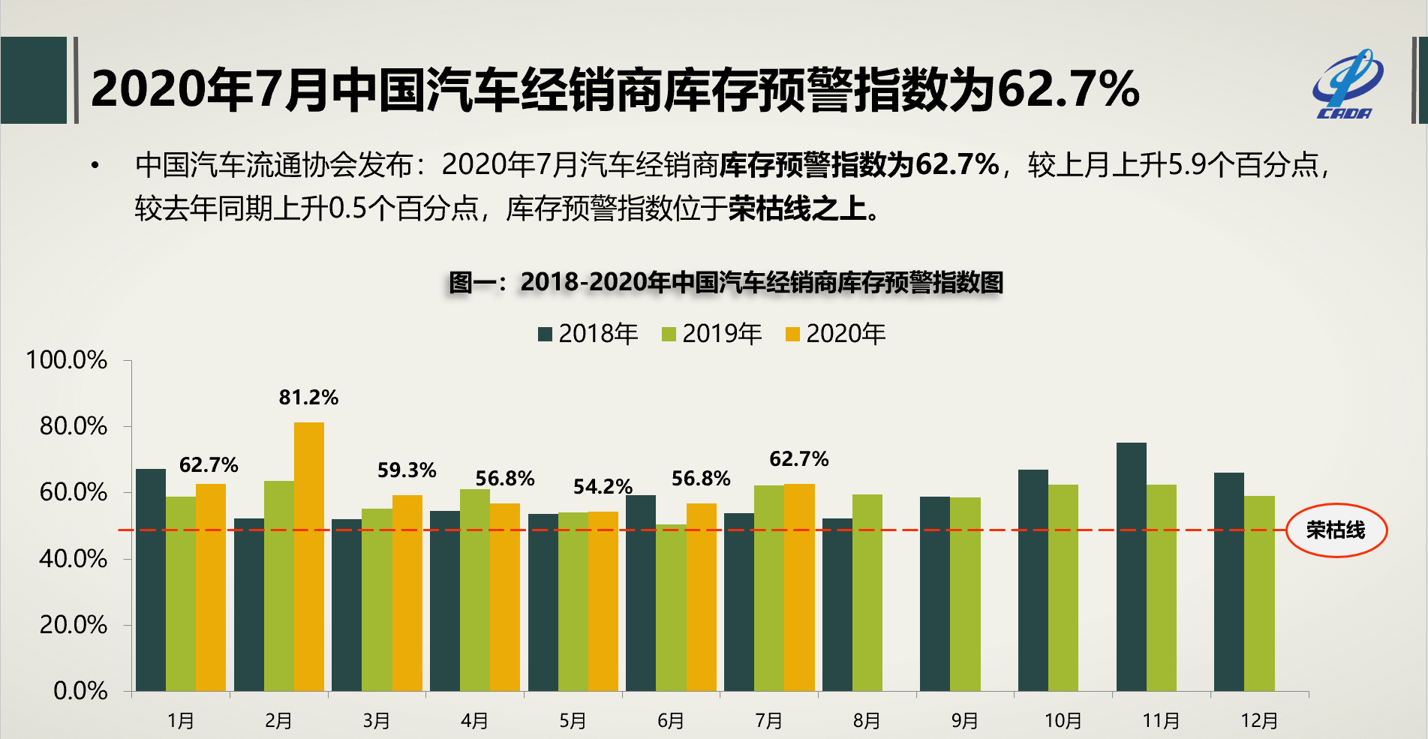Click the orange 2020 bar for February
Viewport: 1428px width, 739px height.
click(308, 557)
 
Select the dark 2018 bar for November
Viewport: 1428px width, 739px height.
click(1131, 566)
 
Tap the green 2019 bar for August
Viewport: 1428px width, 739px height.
click(867, 593)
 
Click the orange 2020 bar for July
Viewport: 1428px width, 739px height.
click(799, 587)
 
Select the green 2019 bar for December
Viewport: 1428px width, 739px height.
click(1259, 593)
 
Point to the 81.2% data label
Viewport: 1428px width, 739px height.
click(308, 398)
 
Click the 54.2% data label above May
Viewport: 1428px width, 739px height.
click(603, 487)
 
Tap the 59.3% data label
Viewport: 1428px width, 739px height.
click(407, 470)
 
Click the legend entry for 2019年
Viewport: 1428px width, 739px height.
click(711, 334)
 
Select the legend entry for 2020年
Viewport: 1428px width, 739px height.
click(835, 334)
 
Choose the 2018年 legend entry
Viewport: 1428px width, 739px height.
click(588, 334)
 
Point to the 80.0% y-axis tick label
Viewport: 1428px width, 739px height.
click(74, 426)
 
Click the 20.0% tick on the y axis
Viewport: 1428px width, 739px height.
click(74, 625)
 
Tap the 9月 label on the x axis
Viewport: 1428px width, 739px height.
click(964, 721)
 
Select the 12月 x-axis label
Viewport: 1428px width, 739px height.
click(1258, 721)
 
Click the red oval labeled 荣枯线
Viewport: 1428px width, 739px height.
click(1336, 530)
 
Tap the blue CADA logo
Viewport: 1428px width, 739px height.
click(1347, 85)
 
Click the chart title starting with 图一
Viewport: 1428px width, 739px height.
click(725, 283)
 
